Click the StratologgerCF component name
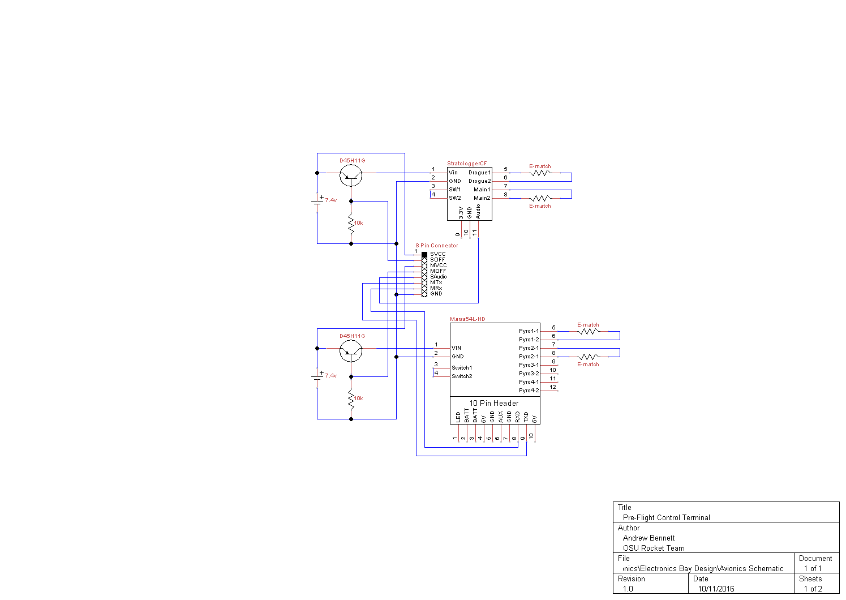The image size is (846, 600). point(467,163)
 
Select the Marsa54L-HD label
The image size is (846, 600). point(467,319)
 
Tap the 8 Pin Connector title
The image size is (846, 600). point(437,245)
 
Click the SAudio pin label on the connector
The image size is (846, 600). point(438,277)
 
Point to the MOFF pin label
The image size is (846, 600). point(438,271)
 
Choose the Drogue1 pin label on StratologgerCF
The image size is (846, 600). point(480,172)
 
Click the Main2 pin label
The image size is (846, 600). point(482,198)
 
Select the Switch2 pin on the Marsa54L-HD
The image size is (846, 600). point(462,376)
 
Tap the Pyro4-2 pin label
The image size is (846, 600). point(529,391)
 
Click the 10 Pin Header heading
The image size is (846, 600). point(494,403)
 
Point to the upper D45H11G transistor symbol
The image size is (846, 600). point(351,175)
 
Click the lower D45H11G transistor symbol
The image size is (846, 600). point(351,350)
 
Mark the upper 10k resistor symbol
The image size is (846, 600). point(351,223)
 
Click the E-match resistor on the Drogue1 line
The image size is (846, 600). point(541,173)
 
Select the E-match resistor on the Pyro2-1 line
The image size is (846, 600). point(589,357)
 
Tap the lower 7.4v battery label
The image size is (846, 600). point(331,376)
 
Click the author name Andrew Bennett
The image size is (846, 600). point(649,538)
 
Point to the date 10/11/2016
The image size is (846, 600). point(716,589)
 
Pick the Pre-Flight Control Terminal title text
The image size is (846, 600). point(666,517)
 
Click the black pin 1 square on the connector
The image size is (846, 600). point(424,255)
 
